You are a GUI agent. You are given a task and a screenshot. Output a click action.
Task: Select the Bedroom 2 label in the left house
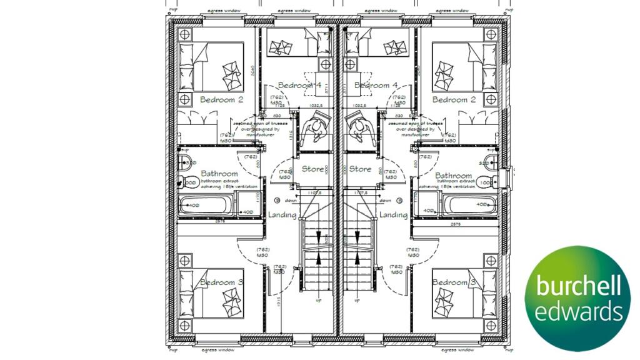tap(221, 99)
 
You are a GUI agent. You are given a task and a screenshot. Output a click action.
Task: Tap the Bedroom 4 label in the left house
tap(299, 85)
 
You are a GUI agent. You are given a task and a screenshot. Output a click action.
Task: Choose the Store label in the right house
tap(360, 169)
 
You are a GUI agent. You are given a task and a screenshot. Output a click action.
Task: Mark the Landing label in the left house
tap(282, 214)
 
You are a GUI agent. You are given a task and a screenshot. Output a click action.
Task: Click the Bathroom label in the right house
tap(453, 176)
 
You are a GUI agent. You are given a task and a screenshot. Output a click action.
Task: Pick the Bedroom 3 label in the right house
tap(454, 282)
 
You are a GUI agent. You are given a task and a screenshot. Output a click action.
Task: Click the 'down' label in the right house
tap(386, 201)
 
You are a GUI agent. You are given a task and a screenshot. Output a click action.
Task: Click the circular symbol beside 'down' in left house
tap(277, 201)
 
